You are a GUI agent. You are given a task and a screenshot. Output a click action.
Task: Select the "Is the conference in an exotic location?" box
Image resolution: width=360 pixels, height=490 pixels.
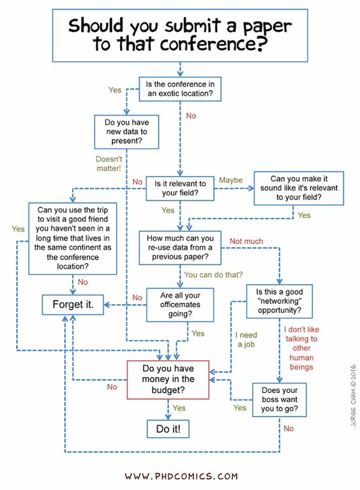tap(180, 89)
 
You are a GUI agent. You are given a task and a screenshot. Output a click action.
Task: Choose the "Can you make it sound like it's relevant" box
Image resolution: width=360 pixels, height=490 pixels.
tap(298, 188)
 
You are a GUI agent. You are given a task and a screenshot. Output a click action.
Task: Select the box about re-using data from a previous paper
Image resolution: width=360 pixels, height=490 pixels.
tap(181, 249)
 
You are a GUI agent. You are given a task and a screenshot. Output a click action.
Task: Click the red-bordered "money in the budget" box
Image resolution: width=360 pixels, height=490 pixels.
tap(168, 379)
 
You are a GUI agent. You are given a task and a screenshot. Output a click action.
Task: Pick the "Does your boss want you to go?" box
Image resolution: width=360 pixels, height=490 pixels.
tap(279, 399)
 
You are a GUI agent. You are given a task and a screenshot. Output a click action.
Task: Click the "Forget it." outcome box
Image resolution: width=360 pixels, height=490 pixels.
tap(73, 305)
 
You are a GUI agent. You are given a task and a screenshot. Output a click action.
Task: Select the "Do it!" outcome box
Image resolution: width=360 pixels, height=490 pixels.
tap(168, 429)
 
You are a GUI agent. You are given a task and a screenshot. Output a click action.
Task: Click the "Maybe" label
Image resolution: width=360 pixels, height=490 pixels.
tap(231, 180)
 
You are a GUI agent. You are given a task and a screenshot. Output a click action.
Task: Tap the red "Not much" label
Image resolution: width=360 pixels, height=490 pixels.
tap(246, 241)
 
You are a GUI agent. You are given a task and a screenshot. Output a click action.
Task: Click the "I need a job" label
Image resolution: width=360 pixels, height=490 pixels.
tap(246, 339)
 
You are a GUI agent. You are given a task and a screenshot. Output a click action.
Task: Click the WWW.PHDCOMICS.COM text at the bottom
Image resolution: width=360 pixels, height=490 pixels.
tap(181, 476)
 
